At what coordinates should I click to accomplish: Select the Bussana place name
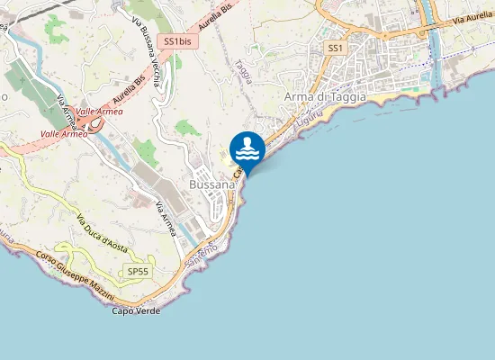[x=212, y=183]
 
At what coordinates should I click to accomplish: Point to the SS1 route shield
[x=336, y=47]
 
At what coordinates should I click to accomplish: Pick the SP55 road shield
[x=138, y=271]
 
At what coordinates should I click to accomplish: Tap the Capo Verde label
[x=137, y=310]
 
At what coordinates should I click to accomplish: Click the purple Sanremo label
[x=199, y=256]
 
